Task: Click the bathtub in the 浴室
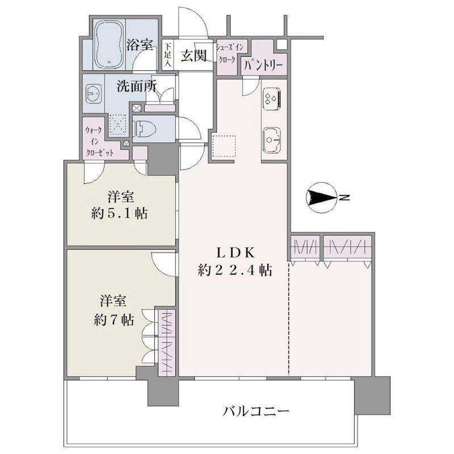click(109, 44)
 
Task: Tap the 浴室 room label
click(140, 45)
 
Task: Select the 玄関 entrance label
click(194, 55)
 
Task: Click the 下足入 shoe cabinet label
click(168, 55)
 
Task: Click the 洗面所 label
click(137, 86)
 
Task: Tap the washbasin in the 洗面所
click(93, 94)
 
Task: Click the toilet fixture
click(145, 129)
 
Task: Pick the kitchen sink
click(272, 140)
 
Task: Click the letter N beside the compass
click(345, 197)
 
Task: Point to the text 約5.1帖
click(119, 214)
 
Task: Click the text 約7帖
click(114, 320)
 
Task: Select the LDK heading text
click(236, 253)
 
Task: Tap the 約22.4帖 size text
click(235, 271)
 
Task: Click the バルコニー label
click(256, 411)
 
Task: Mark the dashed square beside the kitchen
click(224, 146)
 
